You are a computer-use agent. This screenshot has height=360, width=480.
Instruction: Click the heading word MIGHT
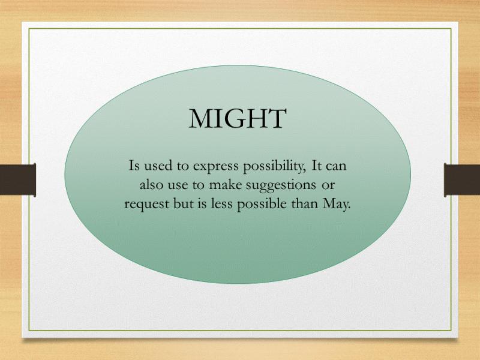click(238, 118)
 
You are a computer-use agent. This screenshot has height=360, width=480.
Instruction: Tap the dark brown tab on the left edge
click(18, 179)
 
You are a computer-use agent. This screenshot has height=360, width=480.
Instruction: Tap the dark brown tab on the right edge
click(462, 180)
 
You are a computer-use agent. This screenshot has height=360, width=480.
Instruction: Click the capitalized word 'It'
click(316, 166)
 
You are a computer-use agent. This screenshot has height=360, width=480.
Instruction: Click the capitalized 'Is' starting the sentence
click(134, 166)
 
